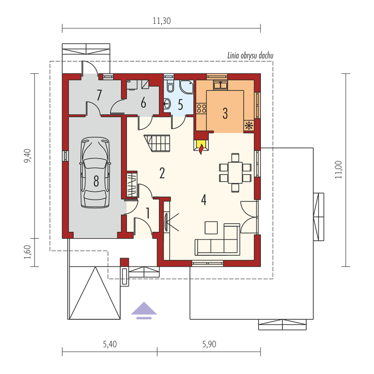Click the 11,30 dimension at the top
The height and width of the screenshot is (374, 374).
[x=161, y=21]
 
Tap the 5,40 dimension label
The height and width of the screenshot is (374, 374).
[x=110, y=344]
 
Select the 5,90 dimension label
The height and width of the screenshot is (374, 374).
[x=209, y=344]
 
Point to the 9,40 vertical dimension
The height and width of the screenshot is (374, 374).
[x=28, y=156]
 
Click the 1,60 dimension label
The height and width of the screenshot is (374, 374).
[x=28, y=252]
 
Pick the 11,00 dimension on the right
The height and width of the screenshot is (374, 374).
[x=338, y=170]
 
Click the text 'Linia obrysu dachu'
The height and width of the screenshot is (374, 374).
[x=250, y=56]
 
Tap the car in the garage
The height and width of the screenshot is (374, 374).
[x=95, y=172]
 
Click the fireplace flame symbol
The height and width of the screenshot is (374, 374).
[x=201, y=149]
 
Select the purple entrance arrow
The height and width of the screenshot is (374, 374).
[x=144, y=310]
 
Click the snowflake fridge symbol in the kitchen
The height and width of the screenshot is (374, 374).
[x=249, y=125]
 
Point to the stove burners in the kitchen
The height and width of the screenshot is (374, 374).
[x=201, y=108]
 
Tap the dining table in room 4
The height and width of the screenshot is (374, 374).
[x=235, y=173]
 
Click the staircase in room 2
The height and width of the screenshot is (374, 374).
[x=157, y=143]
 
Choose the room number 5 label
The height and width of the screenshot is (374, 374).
[x=180, y=104]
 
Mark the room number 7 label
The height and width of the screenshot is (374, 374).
[x=99, y=95]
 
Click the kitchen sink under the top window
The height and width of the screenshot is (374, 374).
[x=220, y=85]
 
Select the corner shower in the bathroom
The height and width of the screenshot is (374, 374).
[x=187, y=87]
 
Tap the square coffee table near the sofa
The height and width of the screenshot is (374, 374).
[x=211, y=228]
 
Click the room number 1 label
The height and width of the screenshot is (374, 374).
[x=148, y=213]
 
